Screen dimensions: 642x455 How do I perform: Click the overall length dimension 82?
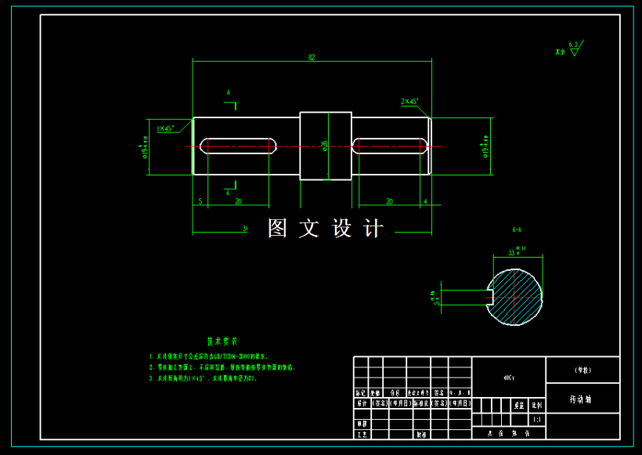(x=312, y=57)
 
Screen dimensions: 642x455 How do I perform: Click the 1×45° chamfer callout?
(x=165, y=128)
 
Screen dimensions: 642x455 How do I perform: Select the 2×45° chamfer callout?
(x=409, y=101)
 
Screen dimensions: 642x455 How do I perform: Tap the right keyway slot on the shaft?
(x=390, y=146)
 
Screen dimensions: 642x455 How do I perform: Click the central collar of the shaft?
(x=326, y=146)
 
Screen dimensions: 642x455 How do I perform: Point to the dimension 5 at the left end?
(x=200, y=202)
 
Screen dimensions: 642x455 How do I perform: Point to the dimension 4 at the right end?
(x=424, y=202)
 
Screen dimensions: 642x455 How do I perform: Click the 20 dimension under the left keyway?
(x=238, y=202)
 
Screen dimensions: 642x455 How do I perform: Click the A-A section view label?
(x=517, y=230)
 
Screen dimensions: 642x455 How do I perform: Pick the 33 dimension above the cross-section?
(x=514, y=252)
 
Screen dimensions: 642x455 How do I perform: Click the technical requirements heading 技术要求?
(x=222, y=341)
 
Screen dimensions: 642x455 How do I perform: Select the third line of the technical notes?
(x=203, y=378)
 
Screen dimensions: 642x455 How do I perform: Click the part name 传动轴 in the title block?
(x=580, y=399)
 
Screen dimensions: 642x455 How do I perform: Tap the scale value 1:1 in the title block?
(x=536, y=419)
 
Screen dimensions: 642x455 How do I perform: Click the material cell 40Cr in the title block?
(x=509, y=377)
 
